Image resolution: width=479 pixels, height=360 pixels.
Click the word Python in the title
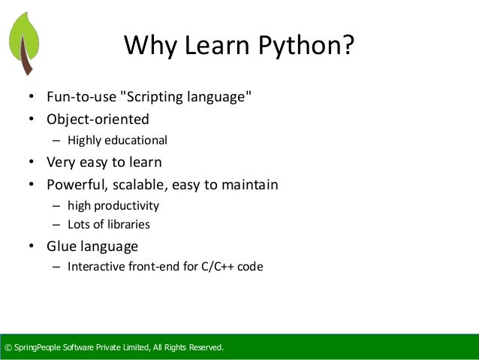click(x=308, y=47)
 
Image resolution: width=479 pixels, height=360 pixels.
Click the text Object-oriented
click(x=98, y=119)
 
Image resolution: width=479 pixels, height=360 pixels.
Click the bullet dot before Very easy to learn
click(x=32, y=162)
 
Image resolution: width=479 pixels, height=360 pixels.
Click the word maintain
click(x=251, y=184)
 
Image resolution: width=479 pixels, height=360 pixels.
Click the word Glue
click(x=62, y=246)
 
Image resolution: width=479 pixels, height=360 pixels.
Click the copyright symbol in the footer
click(x=8, y=347)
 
